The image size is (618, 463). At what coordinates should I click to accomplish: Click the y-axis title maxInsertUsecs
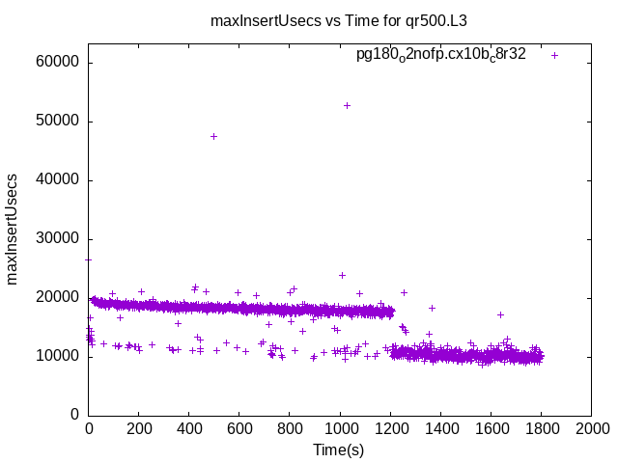coord(13,230)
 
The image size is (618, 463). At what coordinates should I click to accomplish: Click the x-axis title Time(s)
coord(338,449)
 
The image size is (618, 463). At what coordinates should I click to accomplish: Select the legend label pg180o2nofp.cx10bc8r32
coord(441,55)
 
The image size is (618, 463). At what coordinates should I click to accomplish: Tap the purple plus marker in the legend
coord(554,55)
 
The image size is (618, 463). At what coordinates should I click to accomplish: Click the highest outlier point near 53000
coord(347,105)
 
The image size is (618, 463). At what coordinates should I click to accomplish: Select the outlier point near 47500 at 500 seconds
coord(213,136)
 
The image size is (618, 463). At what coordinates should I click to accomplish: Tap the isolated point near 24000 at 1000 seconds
coord(342,275)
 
